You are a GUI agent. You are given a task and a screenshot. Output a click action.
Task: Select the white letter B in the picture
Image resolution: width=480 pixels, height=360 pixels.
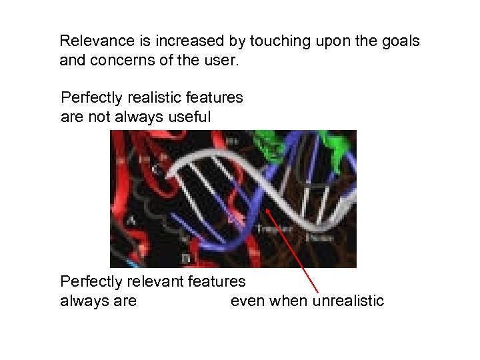pos(185,257)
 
